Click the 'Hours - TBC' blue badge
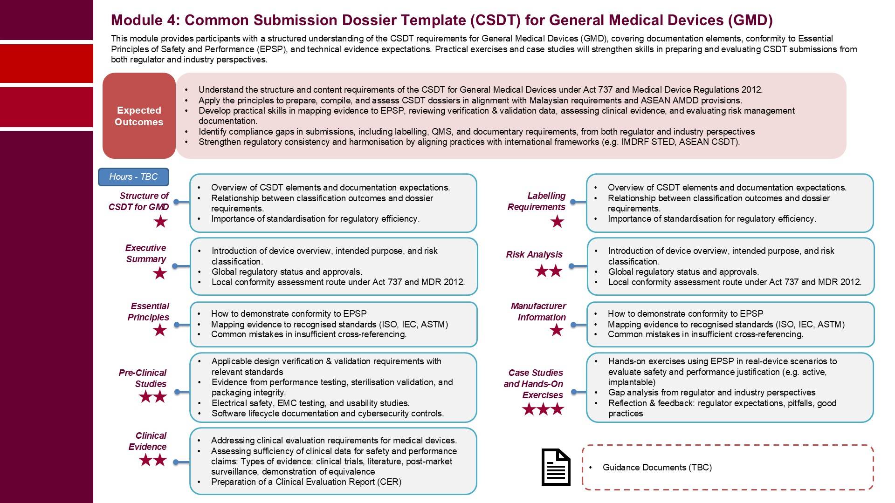point(133,177)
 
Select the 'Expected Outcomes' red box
point(139,116)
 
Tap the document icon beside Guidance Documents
point(556,467)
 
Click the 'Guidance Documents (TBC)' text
point(657,468)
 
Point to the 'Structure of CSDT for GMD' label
point(138,201)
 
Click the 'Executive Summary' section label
point(145,253)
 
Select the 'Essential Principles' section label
point(149,312)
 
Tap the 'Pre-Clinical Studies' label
point(143,378)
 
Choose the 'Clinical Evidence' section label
point(148,441)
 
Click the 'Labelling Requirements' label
point(536,201)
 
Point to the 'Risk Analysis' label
point(534,254)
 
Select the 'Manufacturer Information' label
point(538,312)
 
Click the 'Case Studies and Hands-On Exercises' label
point(534,384)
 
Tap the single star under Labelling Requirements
point(557,222)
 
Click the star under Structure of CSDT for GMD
point(160,222)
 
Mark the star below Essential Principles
point(160,330)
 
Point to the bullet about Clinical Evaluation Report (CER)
point(306,482)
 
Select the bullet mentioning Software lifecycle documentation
point(327,414)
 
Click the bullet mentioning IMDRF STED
point(468,142)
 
